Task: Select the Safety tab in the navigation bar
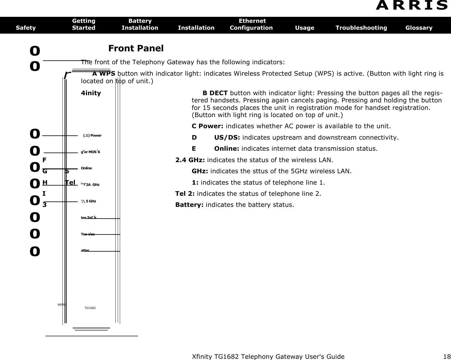(x=26, y=28)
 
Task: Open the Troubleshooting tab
(x=361, y=28)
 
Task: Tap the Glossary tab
(x=419, y=28)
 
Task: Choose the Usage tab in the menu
(x=305, y=28)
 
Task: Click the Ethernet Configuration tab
(x=251, y=24)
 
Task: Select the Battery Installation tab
(x=140, y=24)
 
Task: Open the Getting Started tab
(x=84, y=24)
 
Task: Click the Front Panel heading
(x=136, y=48)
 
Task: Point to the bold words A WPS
(x=104, y=74)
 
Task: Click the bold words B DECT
(x=215, y=93)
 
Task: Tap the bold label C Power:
(x=208, y=126)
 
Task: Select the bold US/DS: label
(x=227, y=138)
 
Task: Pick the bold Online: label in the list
(x=227, y=149)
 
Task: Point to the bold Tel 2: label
(x=185, y=194)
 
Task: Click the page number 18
(x=447, y=357)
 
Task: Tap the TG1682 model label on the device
(x=90, y=308)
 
